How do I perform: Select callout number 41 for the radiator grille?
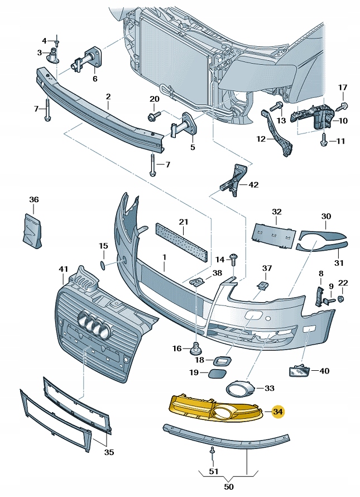pos(63,270)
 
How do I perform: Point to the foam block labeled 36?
pos(31,230)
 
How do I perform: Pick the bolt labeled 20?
pos(152,116)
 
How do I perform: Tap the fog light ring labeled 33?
pos(238,388)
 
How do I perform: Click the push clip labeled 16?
pos(196,348)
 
